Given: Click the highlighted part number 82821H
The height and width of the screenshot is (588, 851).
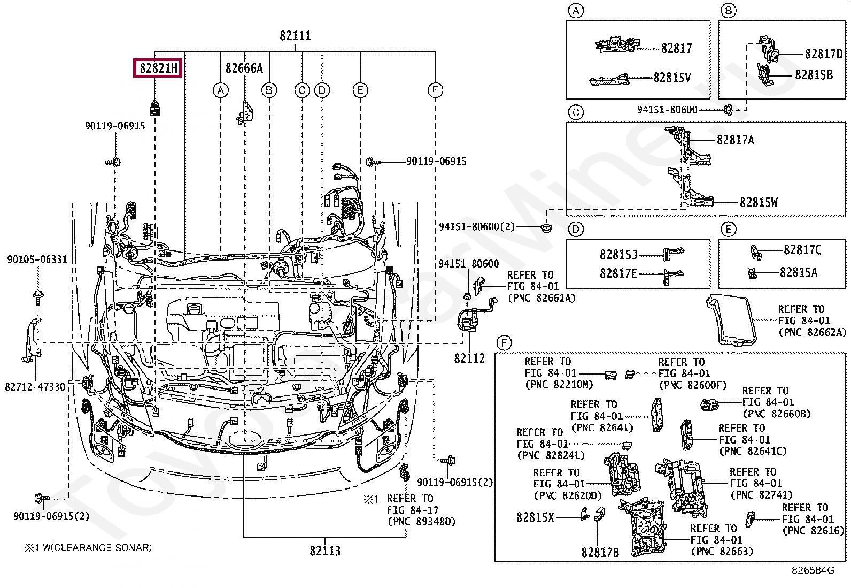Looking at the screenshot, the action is (158, 68).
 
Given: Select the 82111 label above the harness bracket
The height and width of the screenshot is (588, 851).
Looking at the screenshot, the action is (295, 36).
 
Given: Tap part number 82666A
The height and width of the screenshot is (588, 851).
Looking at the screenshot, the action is (244, 68).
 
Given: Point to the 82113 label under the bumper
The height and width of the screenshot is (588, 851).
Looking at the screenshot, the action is (325, 551).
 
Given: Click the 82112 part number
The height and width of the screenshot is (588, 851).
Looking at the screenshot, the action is (469, 358).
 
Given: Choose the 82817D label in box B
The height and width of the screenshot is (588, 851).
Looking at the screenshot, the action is (824, 54).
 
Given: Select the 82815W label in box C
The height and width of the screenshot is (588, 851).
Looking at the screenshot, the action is (759, 202).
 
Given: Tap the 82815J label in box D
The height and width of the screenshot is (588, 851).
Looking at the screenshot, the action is (618, 254).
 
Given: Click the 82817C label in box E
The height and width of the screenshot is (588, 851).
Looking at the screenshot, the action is (803, 249).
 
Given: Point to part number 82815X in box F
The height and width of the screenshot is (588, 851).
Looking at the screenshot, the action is (535, 517).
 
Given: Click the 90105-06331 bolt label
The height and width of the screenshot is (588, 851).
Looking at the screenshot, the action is (37, 259).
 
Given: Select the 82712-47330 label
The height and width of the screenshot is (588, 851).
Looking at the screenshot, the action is (35, 387).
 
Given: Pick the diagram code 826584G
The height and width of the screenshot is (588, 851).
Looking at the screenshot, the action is (813, 570).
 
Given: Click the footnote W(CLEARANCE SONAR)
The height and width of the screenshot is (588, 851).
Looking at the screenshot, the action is (97, 548).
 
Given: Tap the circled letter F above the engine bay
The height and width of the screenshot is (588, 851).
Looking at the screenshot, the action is (435, 90).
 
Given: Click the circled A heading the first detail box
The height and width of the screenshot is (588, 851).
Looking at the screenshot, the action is (576, 11).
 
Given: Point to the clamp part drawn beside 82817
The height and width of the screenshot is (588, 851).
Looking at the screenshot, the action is (617, 45).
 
